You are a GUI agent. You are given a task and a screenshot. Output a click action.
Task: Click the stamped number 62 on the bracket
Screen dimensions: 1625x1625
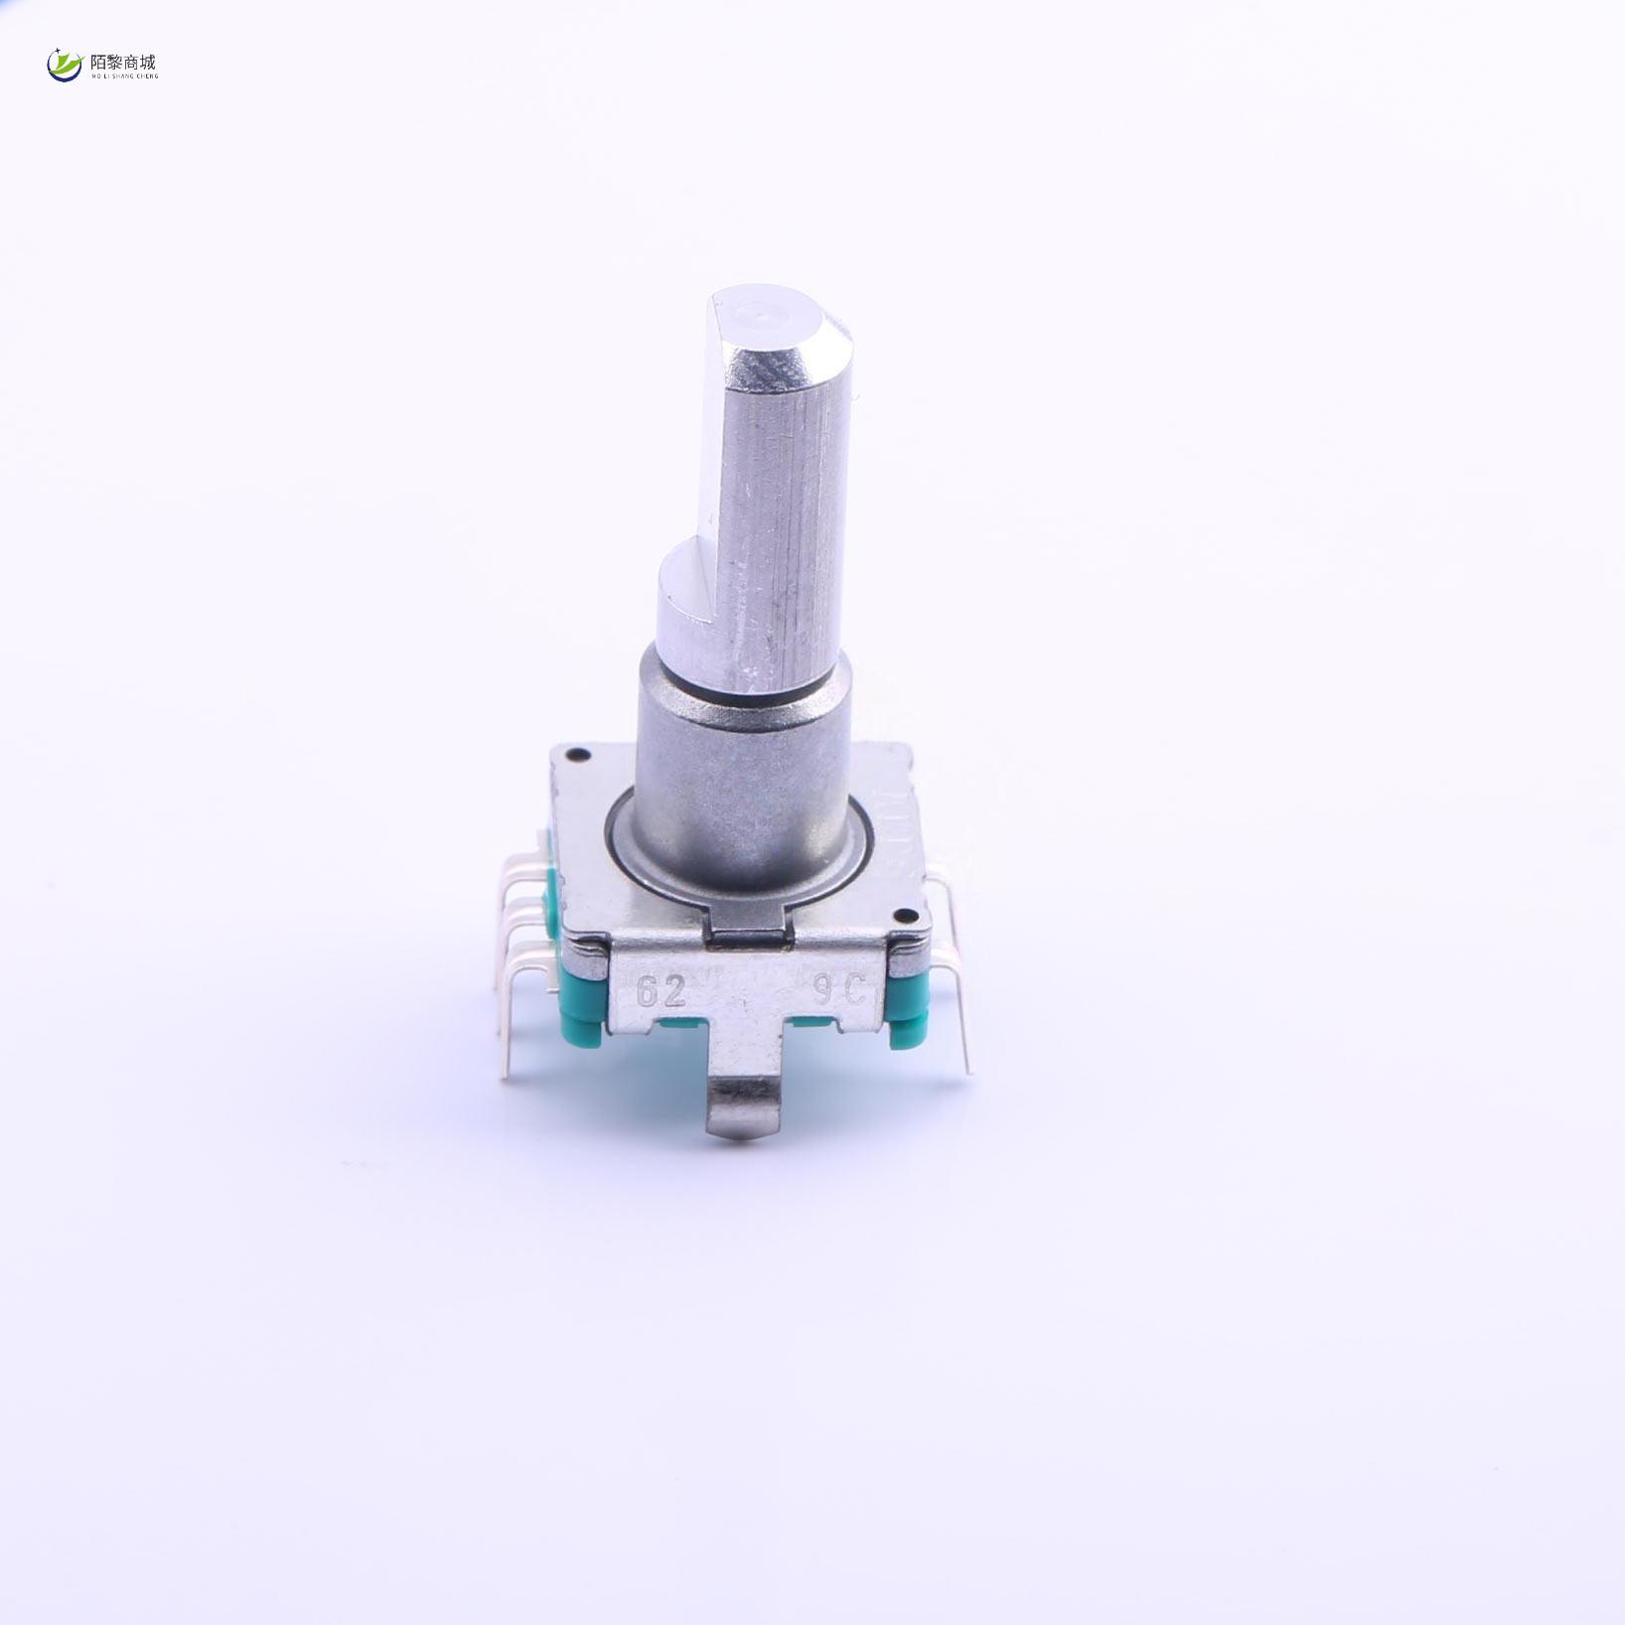tap(661, 990)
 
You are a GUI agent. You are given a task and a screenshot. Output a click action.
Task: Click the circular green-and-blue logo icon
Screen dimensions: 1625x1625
tap(65, 66)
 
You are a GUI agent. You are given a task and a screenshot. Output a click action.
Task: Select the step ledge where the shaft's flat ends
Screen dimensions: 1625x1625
tap(685, 566)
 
